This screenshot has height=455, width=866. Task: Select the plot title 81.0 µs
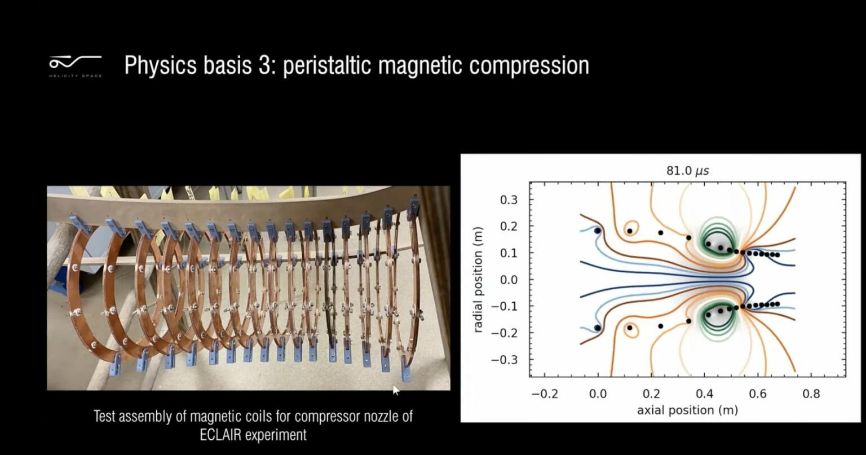pos(687,170)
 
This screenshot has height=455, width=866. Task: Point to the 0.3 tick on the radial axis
pos(509,200)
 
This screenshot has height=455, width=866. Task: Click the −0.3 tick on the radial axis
pos(505,360)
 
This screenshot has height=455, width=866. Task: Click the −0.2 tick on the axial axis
pos(545,394)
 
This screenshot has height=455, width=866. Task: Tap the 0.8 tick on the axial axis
pos(811,394)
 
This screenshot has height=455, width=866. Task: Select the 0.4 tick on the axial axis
pos(704,394)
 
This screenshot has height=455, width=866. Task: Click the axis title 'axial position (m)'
pos(687,410)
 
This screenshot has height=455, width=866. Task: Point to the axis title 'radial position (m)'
pos(479,280)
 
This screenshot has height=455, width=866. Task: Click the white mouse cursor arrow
pos(396,390)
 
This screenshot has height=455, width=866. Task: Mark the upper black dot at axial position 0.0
pos(598,231)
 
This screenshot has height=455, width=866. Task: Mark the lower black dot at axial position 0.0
pos(598,328)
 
